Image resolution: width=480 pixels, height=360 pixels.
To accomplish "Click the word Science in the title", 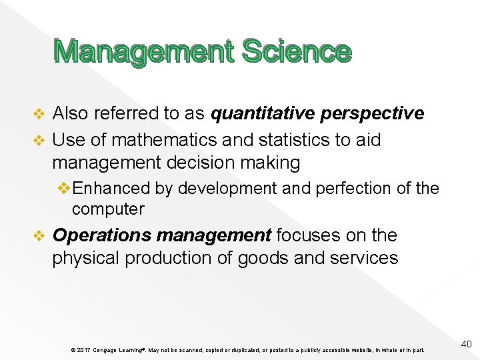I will coord(297,52).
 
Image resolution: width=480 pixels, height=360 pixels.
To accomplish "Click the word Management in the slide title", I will coord(144,52).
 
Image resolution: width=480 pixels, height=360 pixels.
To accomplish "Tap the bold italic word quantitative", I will coord(263,114).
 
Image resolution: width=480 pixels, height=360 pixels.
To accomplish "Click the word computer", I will coord(108,209).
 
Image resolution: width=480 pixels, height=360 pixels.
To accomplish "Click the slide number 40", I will coord(466,344).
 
